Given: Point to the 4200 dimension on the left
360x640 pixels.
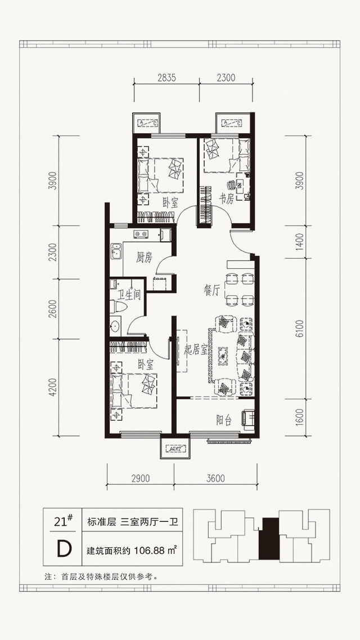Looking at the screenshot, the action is pyautogui.click(x=51, y=387).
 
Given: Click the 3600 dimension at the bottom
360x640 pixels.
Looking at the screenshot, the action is pyautogui.click(x=215, y=478).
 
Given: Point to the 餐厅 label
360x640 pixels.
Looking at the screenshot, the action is pyautogui.click(x=212, y=291).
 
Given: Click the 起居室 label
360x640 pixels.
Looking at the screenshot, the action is pyautogui.click(x=196, y=349).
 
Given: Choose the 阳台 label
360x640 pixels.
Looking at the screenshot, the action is pyautogui.click(x=224, y=420).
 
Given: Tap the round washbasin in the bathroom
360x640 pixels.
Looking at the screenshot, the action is pyautogui.click(x=115, y=326).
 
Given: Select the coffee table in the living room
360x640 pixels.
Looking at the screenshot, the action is pyautogui.click(x=224, y=355).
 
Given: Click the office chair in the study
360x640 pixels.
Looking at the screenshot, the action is pyautogui.click(x=232, y=185).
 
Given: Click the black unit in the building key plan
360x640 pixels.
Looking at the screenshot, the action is pyautogui.click(x=268, y=538).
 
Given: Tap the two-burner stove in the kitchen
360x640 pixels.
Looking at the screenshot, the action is pyautogui.click(x=141, y=234).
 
